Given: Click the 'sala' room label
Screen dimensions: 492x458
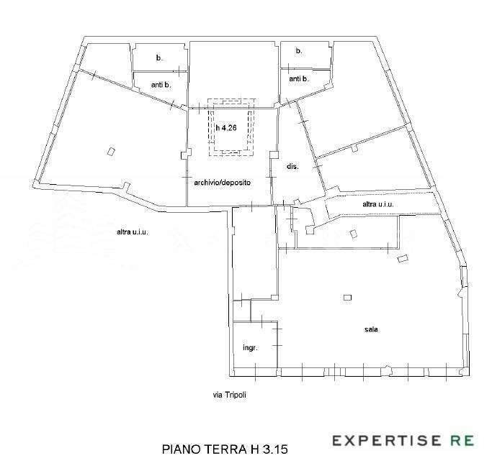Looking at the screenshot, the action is click(371, 329).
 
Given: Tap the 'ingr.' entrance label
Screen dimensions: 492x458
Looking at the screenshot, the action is click(251, 348).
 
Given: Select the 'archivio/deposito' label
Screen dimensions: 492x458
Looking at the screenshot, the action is click(222, 183).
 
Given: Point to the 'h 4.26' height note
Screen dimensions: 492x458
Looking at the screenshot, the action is click(226, 128).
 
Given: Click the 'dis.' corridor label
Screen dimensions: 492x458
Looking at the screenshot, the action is click(292, 167).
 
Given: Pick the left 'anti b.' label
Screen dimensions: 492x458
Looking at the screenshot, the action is click(161, 85).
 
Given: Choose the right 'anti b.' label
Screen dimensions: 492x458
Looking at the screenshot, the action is click(299, 79).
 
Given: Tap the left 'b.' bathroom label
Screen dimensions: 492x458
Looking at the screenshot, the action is click(159, 58).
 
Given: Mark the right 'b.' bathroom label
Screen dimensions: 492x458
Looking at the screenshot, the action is click(299, 51).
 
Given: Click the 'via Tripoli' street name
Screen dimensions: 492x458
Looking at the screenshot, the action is click(230, 395).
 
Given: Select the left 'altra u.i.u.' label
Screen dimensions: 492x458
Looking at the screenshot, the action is click(133, 232).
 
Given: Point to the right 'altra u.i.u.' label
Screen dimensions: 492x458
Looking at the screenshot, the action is click(378, 204).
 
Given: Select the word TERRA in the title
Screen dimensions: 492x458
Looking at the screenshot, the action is click(225, 449).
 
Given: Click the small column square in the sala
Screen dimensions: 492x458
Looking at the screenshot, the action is click(347, 298).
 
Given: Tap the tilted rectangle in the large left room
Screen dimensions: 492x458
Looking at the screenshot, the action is click(111, 152).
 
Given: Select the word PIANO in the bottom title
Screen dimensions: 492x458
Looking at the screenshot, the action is click(182, 449).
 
